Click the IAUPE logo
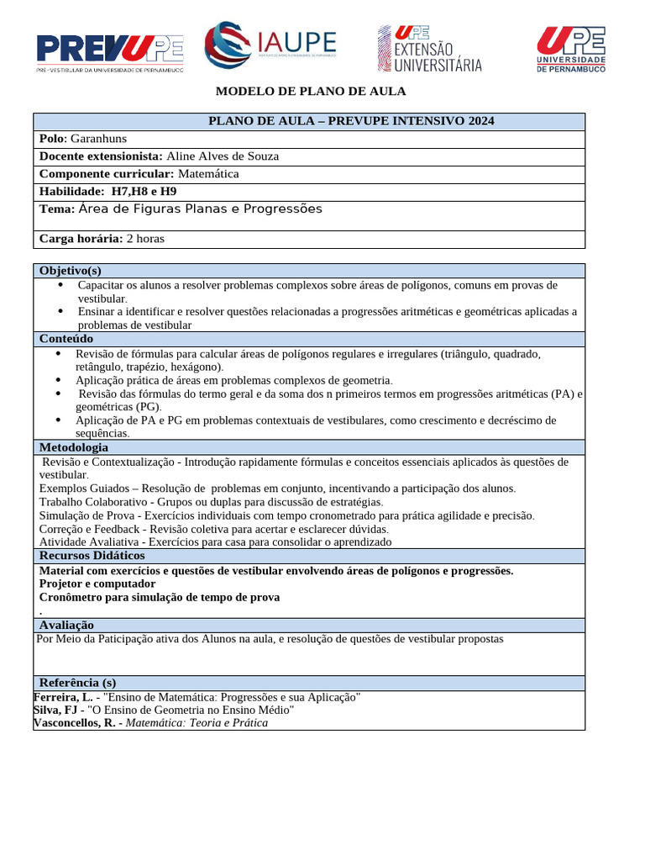tap(271, 46)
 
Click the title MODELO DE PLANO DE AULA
tap(311, 91)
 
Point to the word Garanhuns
tap(99, 139)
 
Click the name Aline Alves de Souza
tap(223, 156)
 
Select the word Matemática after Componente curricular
tap(208, 174)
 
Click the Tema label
tap(56, 209)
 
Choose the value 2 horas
tap(145, 239)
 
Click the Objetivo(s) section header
tap(70, 271)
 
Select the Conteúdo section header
tap(66, 339)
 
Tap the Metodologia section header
tap(74, 447)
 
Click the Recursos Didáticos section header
tap(92, 556)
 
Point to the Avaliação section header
tap(66, 625)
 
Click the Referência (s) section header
tap(77, 683)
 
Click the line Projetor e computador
tap(97, 584)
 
